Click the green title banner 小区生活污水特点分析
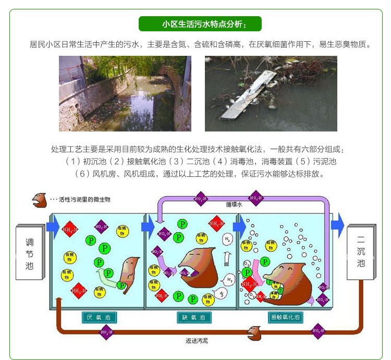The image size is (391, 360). click(x=200, y=24)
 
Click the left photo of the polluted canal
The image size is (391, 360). click(x=125, y=93)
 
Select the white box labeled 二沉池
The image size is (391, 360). click(x=361, y=253)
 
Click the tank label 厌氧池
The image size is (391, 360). click(x=99, y=317)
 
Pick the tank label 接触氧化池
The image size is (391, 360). click(x=287, y=317)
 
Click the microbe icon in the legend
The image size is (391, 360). click(x=39, y=199)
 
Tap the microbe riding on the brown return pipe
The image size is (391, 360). click(x=254, y=331)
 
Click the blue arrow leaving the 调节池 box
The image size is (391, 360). click(x=53, y=226)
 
